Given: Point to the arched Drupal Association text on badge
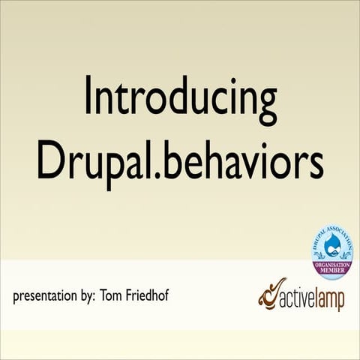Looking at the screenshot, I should click(331, 233).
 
